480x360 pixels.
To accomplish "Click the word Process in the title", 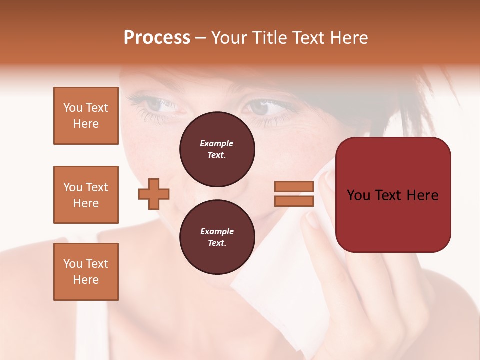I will pos(157,38).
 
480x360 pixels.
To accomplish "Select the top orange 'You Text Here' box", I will pos(86,116).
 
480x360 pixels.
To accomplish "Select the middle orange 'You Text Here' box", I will pos(86,195).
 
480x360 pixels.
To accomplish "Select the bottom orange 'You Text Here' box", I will pos(86,272).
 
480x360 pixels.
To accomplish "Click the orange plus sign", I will pos(154,194).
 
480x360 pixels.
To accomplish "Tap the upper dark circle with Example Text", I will pos(217,149).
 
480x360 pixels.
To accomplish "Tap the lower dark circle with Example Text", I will pos(217,237).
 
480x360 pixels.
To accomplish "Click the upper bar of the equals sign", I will pos(294,187).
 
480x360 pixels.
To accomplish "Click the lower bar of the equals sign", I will pos(294,201).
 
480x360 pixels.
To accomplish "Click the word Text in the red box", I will pos(390,195).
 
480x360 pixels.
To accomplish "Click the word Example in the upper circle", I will pos(217,143).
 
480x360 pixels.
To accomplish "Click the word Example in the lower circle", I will pos(217,231).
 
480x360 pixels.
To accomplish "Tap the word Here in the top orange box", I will pos(86,124).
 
